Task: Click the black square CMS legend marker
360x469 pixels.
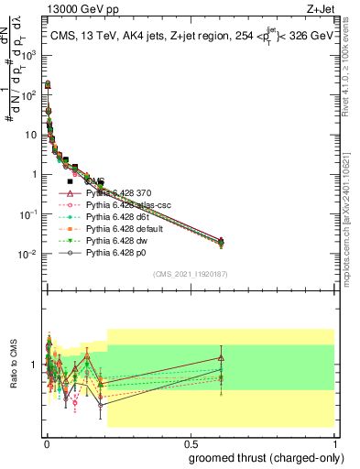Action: pyautogui.click(x=70, y=181)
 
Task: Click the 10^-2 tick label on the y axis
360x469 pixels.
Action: pyautogui.click(x=29, y=254)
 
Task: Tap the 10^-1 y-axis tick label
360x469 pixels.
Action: pyautogui.click(x=29, y=214)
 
